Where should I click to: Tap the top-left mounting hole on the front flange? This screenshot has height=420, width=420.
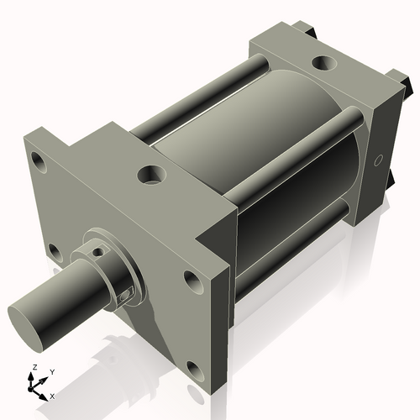pos(36,158)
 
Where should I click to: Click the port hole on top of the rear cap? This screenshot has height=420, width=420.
pos(323,62)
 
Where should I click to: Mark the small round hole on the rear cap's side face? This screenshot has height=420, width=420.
pos(376,159)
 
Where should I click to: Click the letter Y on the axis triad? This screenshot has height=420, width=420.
pos(51,370)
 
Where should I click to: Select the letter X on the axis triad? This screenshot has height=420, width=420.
pos(52,395)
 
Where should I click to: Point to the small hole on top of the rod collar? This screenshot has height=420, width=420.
pos(97,249)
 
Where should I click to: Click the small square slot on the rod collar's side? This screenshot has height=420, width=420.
pos(127,291)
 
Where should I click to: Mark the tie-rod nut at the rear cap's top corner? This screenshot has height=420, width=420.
pos(312,31)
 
